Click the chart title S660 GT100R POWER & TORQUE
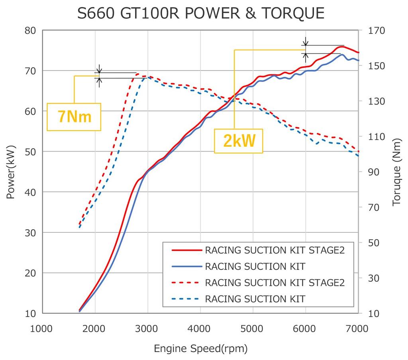coord(201,13)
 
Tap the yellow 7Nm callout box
coord(74,117)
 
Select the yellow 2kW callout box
coord(239,141)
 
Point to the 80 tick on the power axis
coord(30,31)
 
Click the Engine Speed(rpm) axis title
coord(201,349)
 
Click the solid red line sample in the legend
coord(186,250)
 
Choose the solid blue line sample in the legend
coord(186,266)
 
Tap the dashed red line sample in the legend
coord(186,282)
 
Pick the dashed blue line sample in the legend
coord(186,298)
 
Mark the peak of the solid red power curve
coord(342,46)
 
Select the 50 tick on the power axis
coord(30,152)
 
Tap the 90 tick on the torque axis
coord(370,172)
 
